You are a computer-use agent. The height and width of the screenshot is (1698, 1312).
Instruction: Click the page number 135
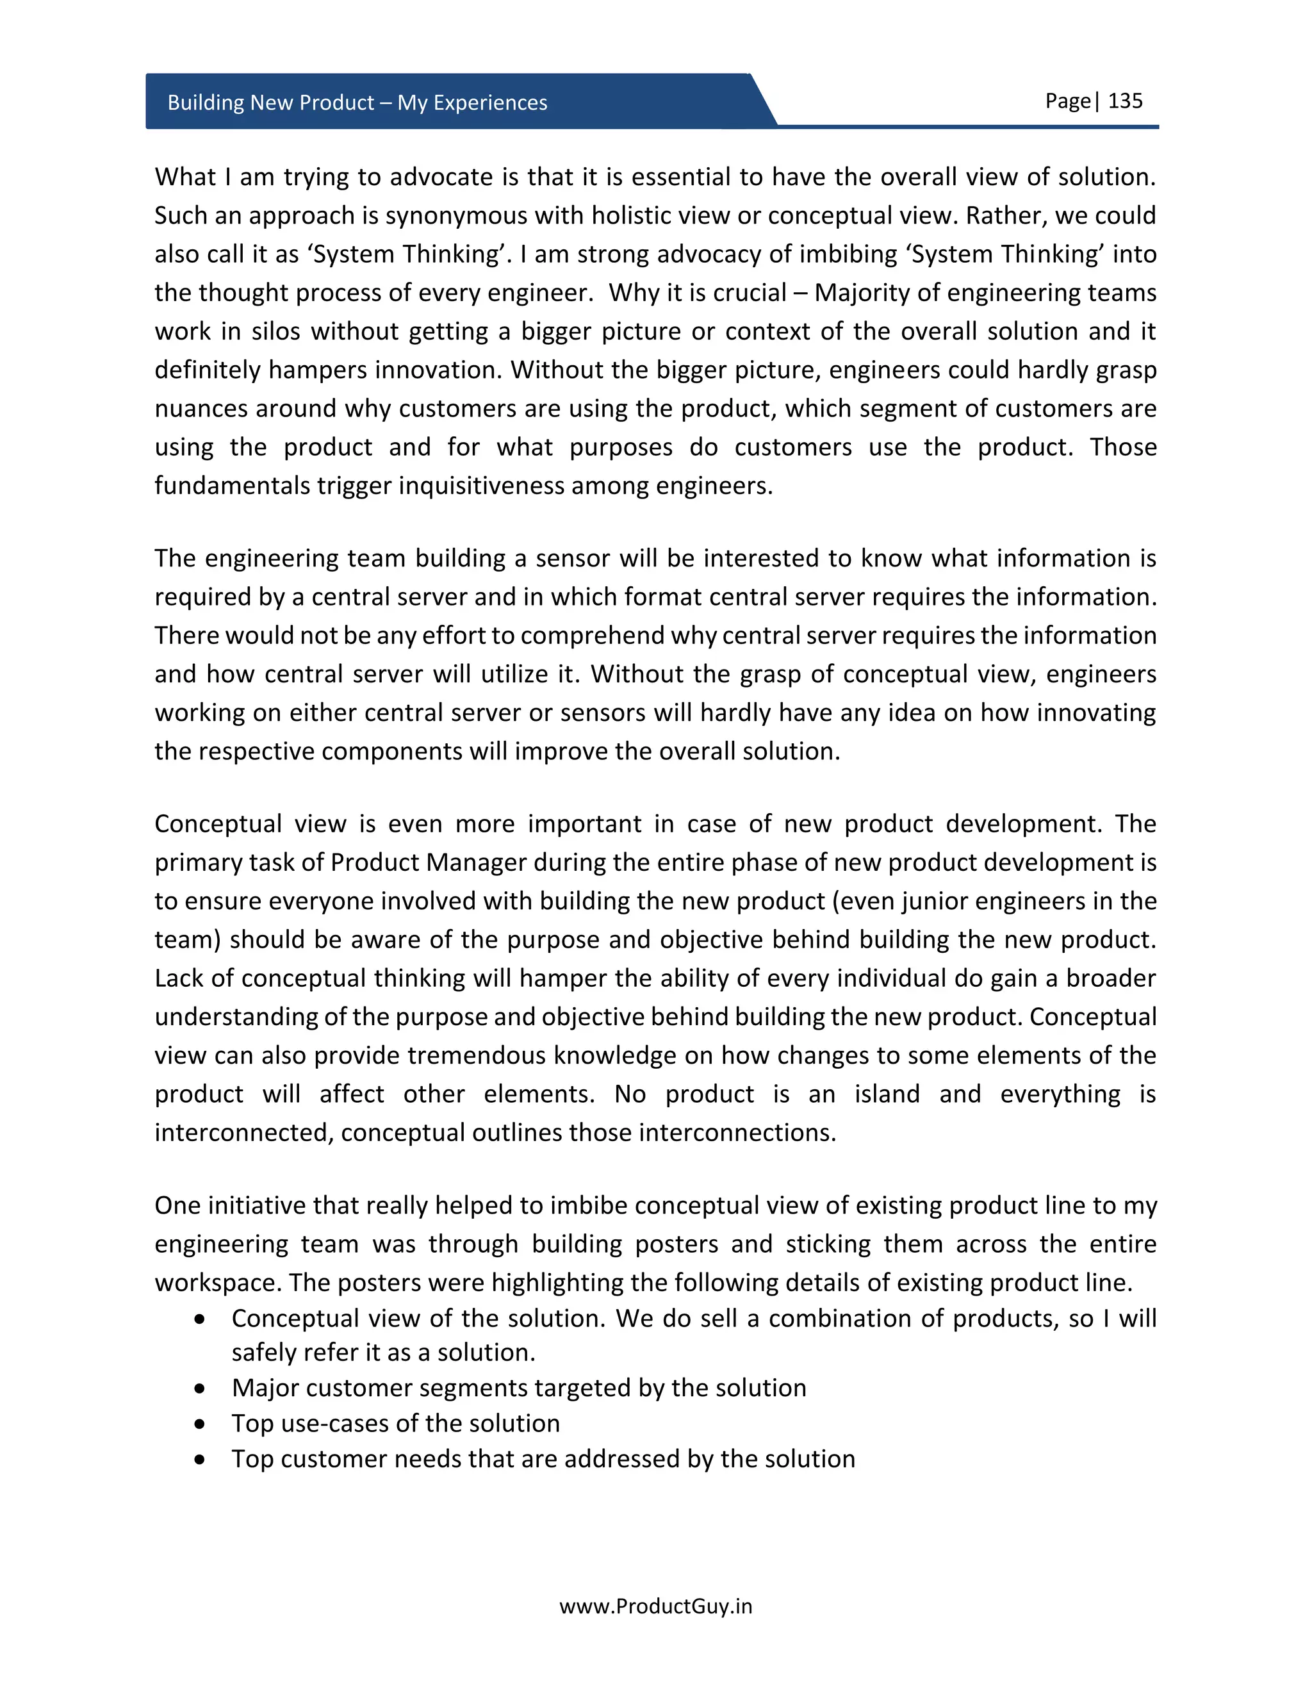click(x=1125, y=101)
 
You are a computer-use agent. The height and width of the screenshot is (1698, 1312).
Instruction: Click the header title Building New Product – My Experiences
click(x=357, y=103)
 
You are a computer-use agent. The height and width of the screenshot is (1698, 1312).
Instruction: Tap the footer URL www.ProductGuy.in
click(x=655, y=1606)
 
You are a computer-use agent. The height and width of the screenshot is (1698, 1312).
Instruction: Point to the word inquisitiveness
click(x=482, y=486)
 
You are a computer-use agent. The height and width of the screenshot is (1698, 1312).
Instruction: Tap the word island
click(x=887, y=1094)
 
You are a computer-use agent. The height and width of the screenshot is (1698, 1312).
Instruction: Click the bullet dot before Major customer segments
click(x=201, y=1389)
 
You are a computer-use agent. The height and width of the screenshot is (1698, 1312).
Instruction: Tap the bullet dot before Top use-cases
click(x=201, y=1424)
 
